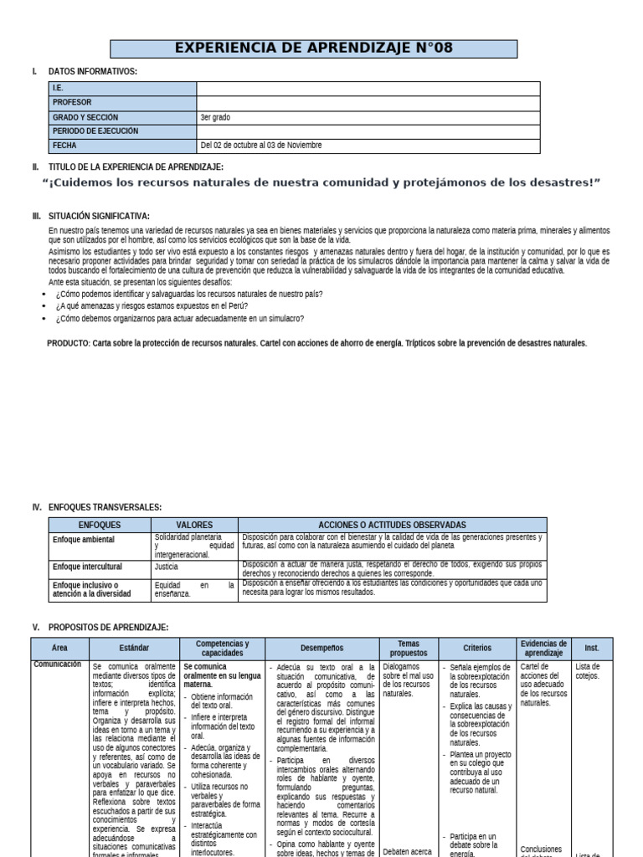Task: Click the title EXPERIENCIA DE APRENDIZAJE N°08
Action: coord(314,49)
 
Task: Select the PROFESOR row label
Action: coord(72,103)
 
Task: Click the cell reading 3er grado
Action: coord(216,117)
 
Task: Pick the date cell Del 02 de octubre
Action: coord(260,146)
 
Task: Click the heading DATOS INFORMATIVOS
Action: coord(93,72)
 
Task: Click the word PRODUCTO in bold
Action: coord(68,344)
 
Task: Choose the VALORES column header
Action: coord(194,525)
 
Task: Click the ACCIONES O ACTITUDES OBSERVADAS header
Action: coord(391,525)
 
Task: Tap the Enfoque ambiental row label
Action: coord(83,540)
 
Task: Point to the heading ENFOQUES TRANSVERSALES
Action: coord(105,507)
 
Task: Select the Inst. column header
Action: coord(592,648)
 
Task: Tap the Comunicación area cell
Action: coord(58,665)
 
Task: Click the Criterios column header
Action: coord(477,648)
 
